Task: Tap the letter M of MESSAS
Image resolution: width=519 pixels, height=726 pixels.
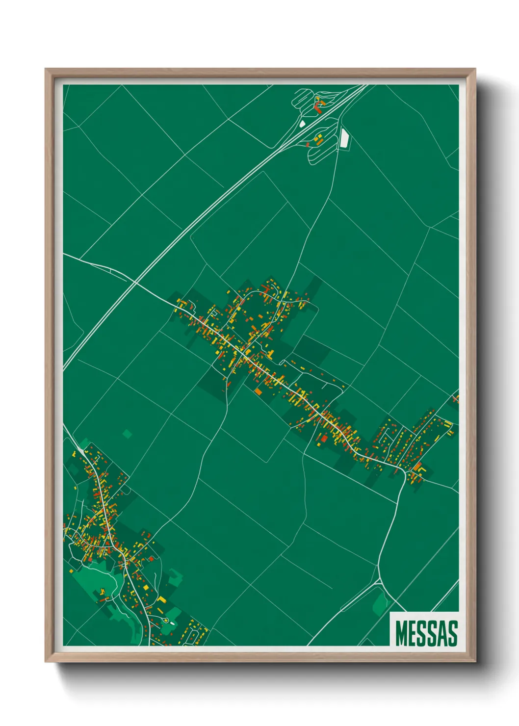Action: click(x=402, y=633)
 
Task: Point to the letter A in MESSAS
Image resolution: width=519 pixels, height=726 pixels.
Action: click(x=443, y=633)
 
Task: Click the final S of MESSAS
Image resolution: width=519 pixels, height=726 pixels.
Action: click(x=453, y=633)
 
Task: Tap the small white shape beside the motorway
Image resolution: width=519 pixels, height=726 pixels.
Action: click(x=302, y=124)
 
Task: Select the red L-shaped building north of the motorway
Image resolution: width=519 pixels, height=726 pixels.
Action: click(x=317, y=104)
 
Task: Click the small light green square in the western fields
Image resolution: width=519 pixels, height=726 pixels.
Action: click(x=128, y=434)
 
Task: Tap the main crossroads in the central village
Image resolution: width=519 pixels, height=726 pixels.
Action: click(x=242, y=352)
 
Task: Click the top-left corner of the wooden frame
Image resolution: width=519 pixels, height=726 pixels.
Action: click(x=46, y=70)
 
